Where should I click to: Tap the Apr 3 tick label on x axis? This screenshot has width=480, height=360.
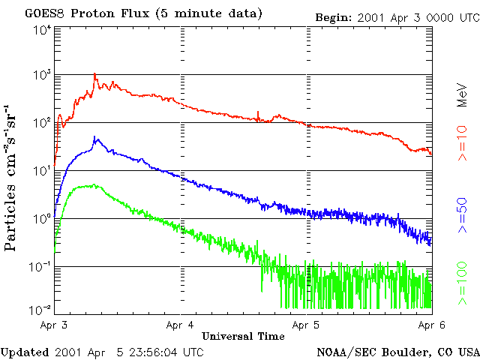tap(55, 325)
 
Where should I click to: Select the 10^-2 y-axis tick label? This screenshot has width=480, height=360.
tap(41, 309)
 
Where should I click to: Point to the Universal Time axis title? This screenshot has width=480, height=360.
tap(243, 336)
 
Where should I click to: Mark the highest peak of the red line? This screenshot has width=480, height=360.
tap(94, 75)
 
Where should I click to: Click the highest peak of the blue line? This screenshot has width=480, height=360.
tap(94, 137)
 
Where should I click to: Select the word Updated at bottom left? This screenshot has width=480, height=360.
tap(25, 351)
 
